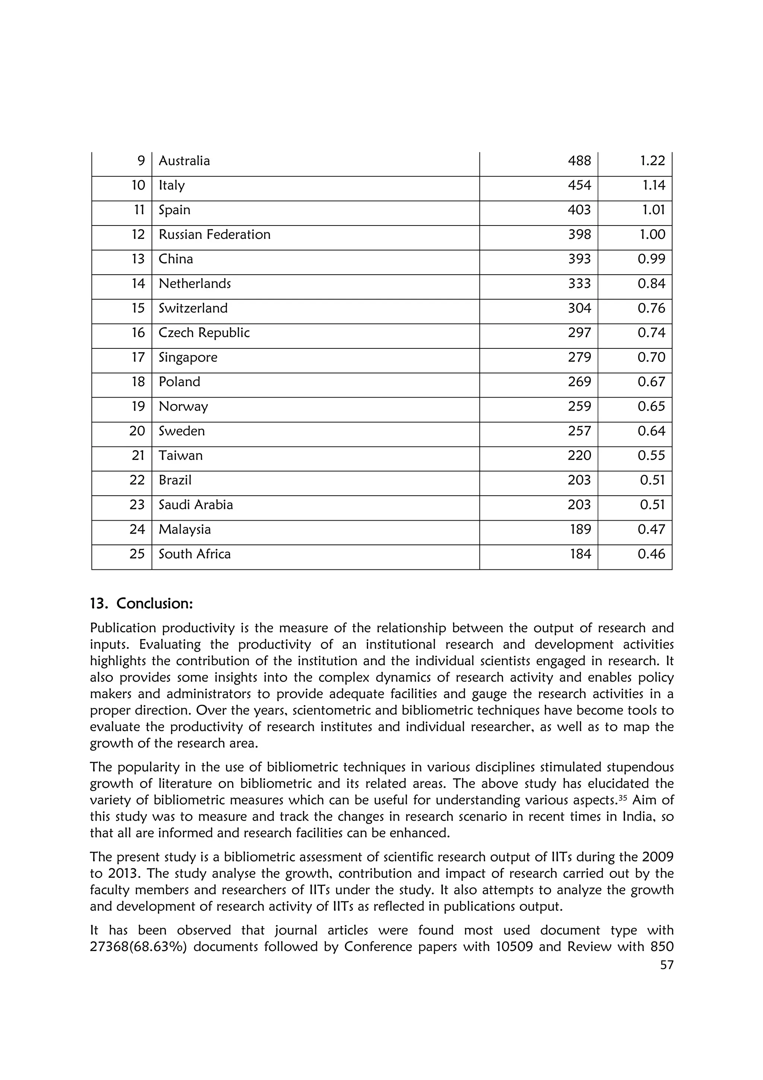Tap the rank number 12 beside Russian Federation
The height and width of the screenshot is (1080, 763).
tap(138, 234)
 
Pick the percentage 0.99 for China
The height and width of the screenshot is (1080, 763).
tap(651, 259)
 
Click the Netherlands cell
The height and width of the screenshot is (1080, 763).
tap(194, 284)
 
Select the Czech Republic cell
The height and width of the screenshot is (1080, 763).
tap(204, 332)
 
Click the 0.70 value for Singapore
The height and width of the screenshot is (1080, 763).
tap(651, 357)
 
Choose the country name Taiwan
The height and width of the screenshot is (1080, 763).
tap(181, 455)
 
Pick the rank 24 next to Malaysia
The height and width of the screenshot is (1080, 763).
tap(137, 529)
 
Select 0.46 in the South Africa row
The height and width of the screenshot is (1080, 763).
tap(651, 554)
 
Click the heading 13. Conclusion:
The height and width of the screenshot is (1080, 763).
tap(142, 603)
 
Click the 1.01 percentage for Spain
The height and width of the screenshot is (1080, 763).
tap(653, 210)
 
